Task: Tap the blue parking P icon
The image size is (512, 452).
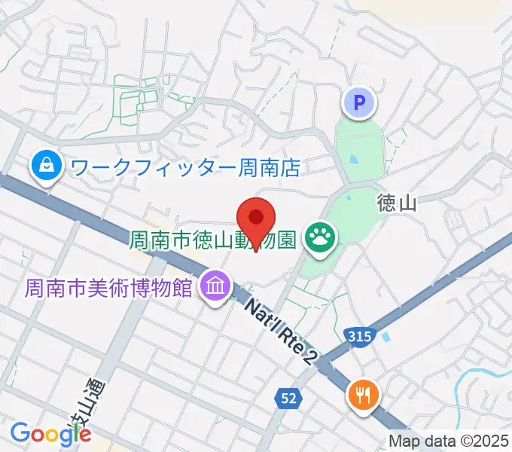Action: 360,101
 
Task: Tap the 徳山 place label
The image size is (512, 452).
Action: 396,203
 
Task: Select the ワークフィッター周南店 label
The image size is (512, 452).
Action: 184,166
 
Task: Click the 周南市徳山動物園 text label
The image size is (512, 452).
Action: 214,242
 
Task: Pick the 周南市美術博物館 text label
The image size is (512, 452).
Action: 108,288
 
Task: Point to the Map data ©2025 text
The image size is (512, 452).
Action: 448,441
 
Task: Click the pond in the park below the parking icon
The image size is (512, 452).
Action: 352,160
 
